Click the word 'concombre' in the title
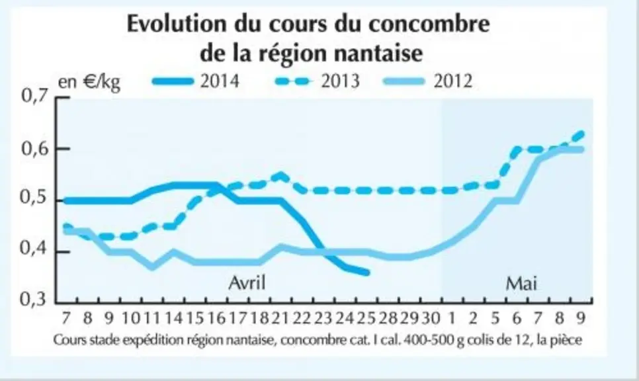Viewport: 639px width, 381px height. (x=429, y=24)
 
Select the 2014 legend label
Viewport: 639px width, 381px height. (x=220, y=81)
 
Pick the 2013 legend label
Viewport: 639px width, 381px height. (x=340, y=81)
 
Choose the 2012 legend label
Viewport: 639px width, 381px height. (x=452, y=81)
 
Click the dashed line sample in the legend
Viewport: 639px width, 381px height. (x=292, y=81)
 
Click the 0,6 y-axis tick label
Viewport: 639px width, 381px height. (x=34, y=149)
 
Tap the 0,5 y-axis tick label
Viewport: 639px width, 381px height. (x=34, y=199)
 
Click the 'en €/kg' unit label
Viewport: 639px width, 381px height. (x=89, y=82)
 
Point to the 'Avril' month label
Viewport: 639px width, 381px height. (x=247, y=282)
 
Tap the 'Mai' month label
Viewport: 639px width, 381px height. (x=521, y=283)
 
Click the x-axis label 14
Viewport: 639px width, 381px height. (x=173, y=318)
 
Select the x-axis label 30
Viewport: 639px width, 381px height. (x=431, y=318)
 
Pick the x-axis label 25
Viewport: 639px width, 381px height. (x=366, y=318)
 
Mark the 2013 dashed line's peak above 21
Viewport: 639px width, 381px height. (x=281, y=175)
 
